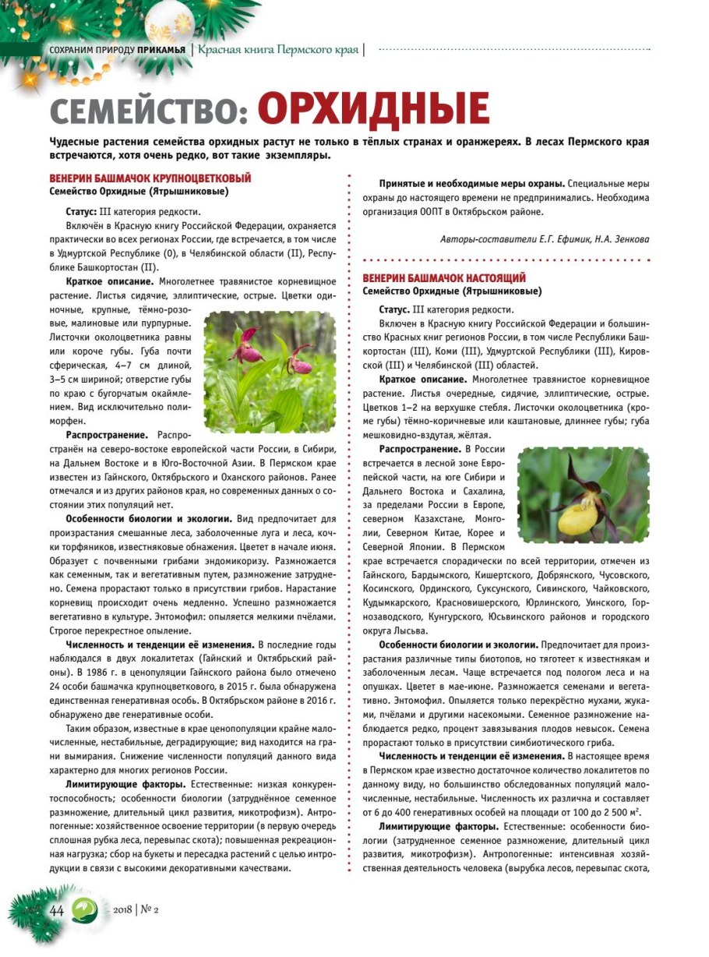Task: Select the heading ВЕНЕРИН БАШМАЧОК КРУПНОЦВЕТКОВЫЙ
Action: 150,178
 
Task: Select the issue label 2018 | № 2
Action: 136,909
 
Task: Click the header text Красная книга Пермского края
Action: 278,50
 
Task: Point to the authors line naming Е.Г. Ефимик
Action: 545,238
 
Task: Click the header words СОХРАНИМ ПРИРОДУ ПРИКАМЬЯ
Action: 117,51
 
